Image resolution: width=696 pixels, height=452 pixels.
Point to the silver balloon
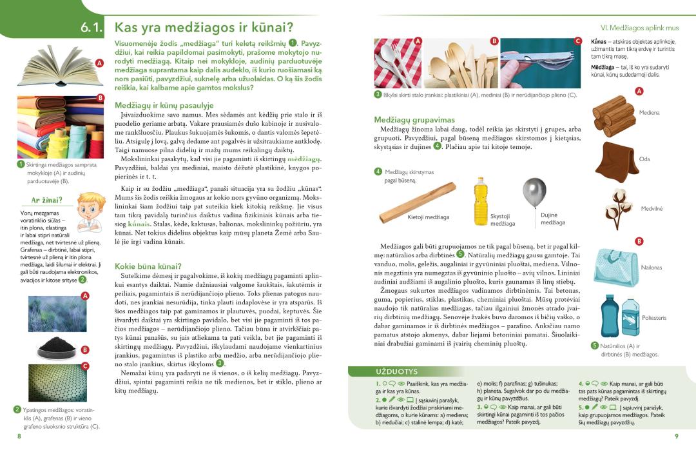click(x=534, y=193)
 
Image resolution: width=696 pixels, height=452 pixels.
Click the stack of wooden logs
click(x=614, y=113)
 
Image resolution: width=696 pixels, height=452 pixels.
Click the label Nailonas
click(x=651, y=267)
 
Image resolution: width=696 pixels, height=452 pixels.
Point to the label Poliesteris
click(x=654, y=318)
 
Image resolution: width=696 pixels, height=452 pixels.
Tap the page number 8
click(x=19, y=437)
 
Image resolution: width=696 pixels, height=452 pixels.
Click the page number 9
click(x=676, y=437)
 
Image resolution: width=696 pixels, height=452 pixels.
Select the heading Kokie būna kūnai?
click(x=148, y=266)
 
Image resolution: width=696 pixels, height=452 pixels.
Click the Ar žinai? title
click(x=47, y=200)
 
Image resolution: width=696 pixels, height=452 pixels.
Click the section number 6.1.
click(x=93, y=27)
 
